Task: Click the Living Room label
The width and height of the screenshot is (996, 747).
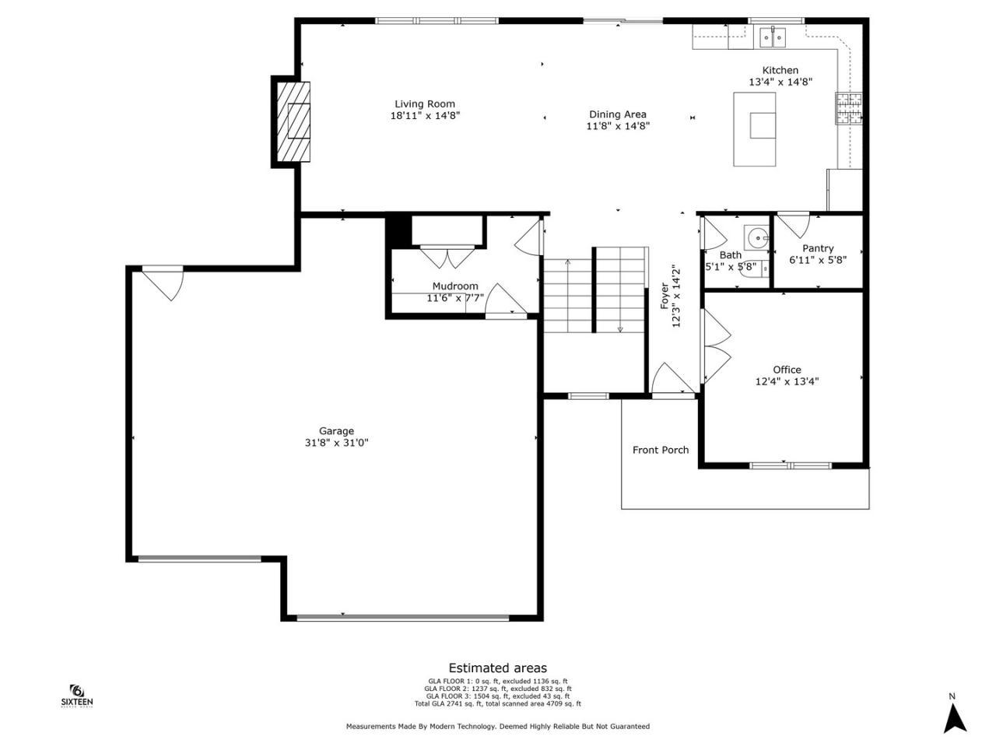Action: pos(424,103)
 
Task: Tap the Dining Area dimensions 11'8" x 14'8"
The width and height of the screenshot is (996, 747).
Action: pos(618,125)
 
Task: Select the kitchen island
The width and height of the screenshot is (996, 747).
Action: pos(755,129)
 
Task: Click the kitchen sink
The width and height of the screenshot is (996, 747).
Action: pos(773,37)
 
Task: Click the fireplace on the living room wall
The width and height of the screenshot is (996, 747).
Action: pos(293,121)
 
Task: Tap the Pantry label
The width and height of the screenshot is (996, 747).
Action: pos(818,248)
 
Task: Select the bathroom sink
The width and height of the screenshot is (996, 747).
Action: pos(755,236)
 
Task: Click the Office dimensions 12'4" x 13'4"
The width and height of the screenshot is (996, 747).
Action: pos(787,381)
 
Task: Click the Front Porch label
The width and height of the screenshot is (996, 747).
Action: pos(660,450)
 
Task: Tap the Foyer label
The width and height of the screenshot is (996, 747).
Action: pos(665,296)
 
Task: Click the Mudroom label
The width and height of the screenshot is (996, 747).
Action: pos(455,286)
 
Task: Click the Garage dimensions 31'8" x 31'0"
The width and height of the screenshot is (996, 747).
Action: pos(336,443)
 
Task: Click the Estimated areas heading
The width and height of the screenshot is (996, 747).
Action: pos(497,668)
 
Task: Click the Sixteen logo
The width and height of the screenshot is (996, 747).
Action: pos(77,696)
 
